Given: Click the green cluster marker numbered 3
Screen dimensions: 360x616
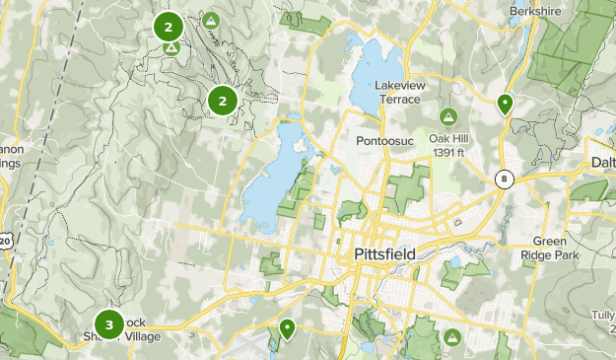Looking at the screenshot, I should click(x=108, y=324).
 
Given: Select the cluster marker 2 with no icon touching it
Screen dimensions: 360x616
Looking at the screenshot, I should click(x=224, y=100).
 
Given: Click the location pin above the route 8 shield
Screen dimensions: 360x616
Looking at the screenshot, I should click(x=505, y=104).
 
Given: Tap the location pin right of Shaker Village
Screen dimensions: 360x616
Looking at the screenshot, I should click(x=287, y=328).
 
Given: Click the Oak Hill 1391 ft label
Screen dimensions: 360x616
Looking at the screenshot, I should click(x=448, y=145).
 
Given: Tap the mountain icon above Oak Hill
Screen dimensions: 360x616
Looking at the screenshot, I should click(x=448, y=117).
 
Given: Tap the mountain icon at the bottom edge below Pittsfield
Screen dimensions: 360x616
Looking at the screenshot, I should click(x=452, y=338).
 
